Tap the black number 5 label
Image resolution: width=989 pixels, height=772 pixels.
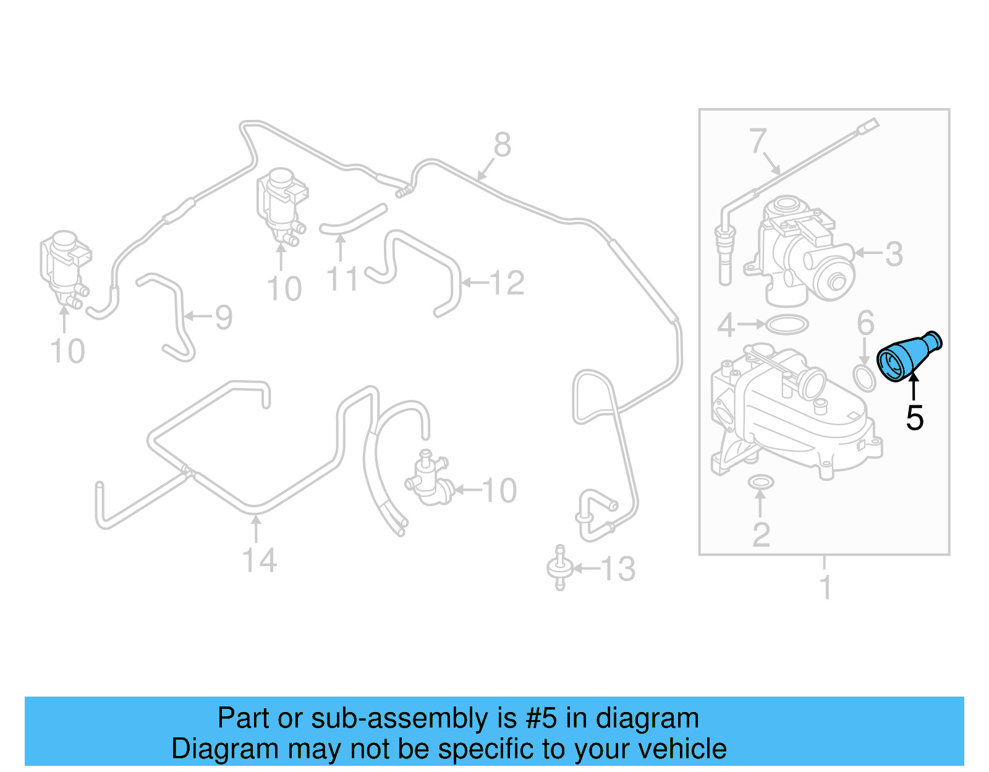914,418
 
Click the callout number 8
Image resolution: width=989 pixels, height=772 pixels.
502,145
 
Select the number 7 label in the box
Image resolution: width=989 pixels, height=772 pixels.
758,141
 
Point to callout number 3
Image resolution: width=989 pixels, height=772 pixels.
894,254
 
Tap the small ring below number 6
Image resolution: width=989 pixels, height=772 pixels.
864,379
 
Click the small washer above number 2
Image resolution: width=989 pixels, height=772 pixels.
760,481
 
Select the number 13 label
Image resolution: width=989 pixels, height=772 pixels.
618,569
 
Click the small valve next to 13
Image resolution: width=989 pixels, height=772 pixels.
559,567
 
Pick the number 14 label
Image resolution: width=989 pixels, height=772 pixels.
259,561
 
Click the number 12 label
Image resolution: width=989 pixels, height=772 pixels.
507,283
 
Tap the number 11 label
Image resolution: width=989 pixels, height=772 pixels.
342,279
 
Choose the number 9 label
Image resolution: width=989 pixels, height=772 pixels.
223,317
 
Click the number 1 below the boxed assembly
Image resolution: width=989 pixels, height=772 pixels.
825,587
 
